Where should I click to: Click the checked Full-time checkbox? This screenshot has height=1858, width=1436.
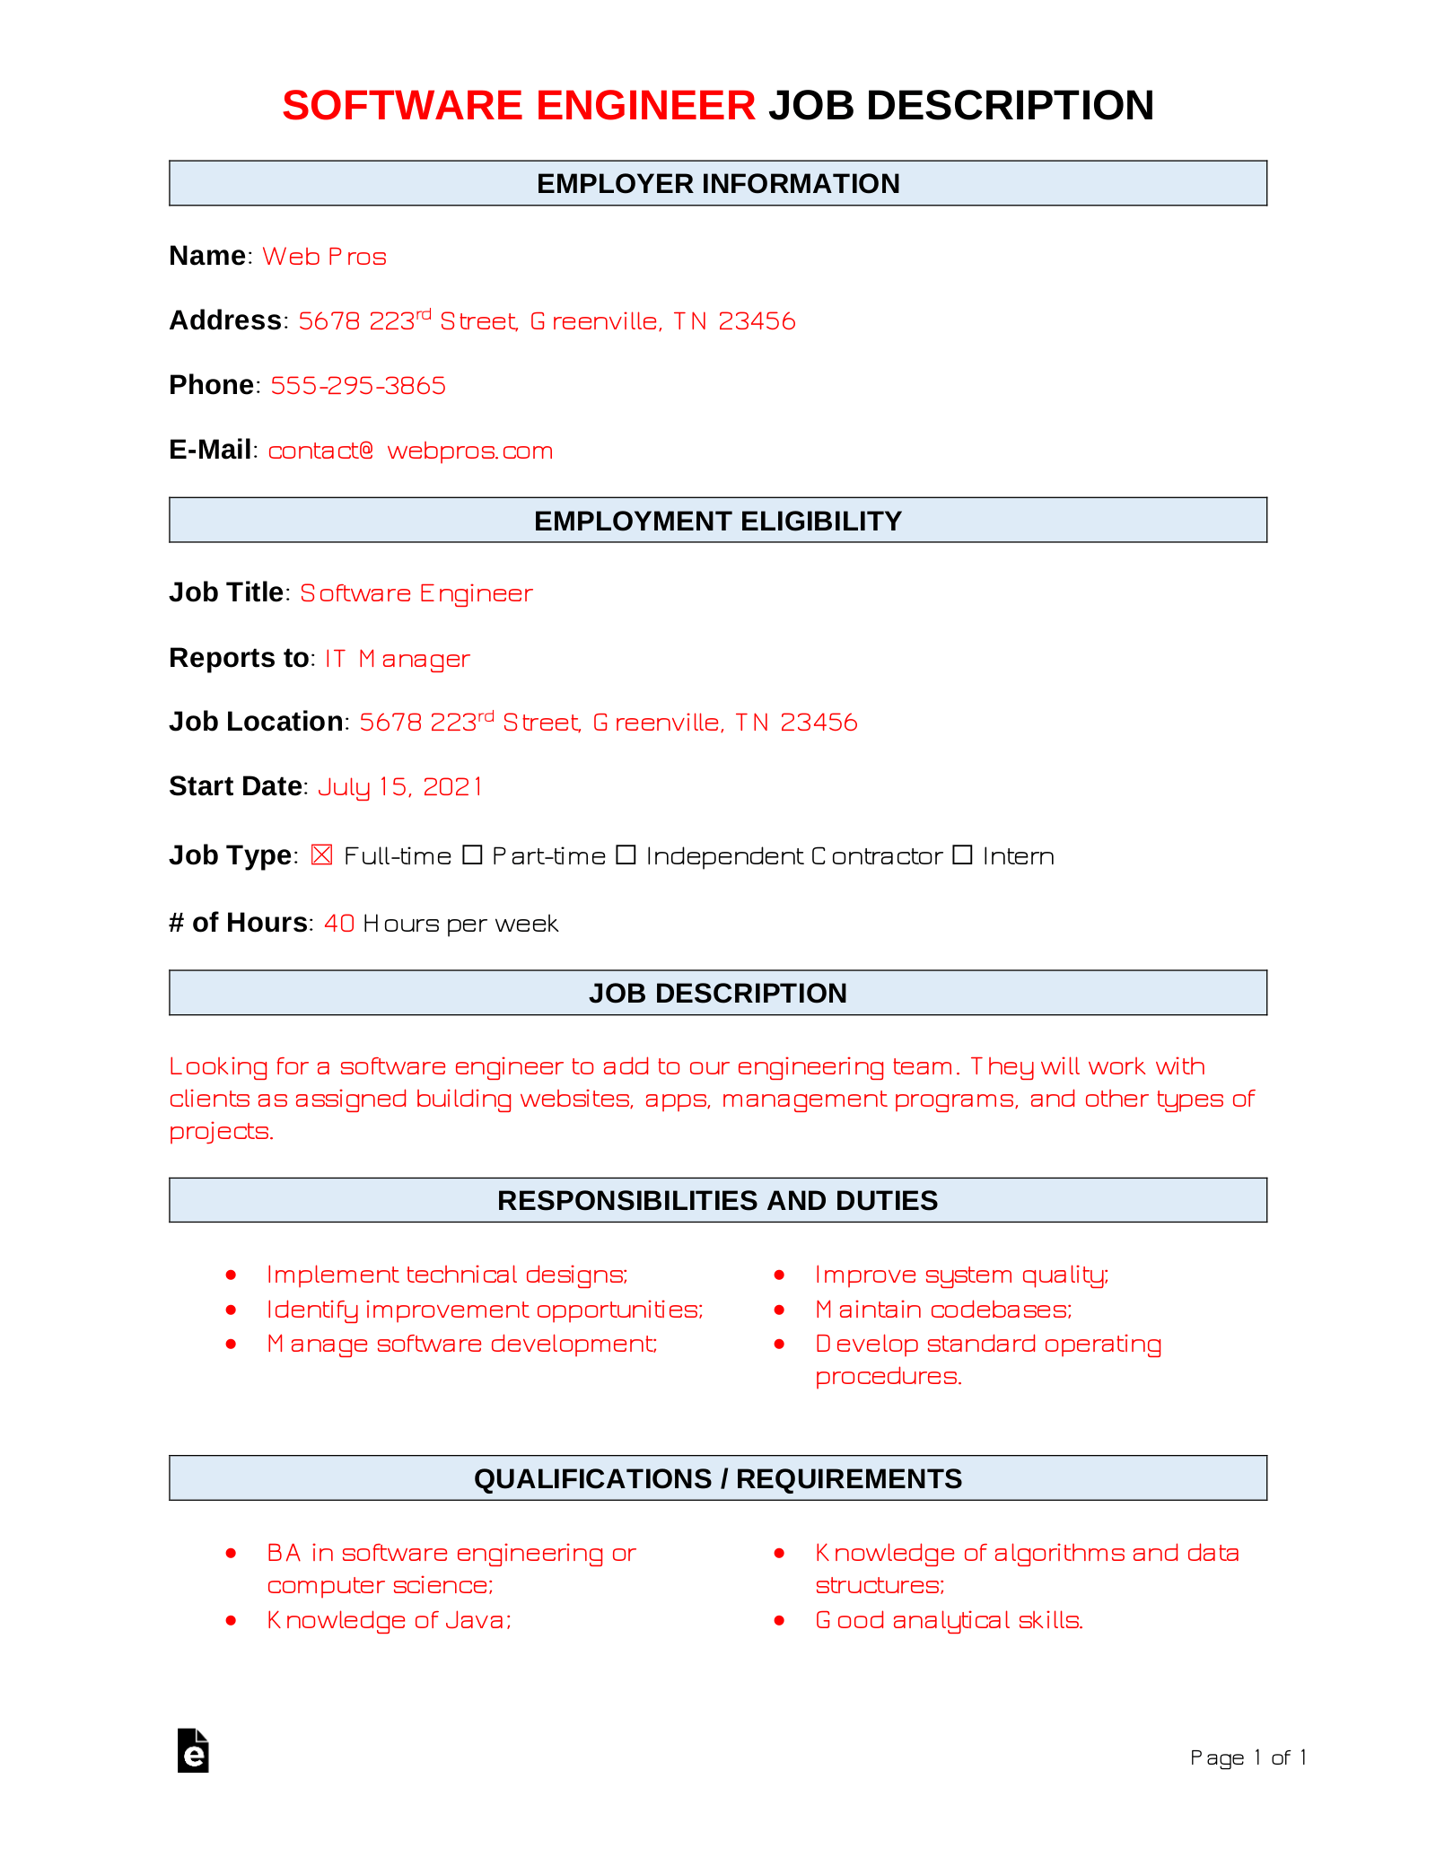point(321,855)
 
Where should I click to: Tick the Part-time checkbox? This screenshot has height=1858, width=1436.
point(472,855)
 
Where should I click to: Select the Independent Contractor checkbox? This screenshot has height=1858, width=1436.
point(626,855)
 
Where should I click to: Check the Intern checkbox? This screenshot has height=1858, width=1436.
point(962,855)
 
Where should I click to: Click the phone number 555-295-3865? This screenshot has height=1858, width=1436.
point(358,386)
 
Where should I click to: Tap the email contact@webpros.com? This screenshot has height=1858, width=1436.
point(410,451)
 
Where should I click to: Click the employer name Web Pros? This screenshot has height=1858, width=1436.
point(324,257)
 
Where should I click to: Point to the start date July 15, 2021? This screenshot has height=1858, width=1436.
point(400,787)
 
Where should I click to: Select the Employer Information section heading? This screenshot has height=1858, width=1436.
point(718,184)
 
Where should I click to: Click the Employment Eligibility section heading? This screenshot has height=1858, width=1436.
point(718,521)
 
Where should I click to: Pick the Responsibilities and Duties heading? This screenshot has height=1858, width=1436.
point(718,1200)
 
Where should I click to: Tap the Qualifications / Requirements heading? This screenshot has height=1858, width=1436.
point(718,1478)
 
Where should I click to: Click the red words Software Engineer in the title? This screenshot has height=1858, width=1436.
point(519,106)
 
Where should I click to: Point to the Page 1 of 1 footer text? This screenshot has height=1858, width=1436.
point(1248,1757)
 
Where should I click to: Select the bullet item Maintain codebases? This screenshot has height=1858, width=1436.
point(943,1310)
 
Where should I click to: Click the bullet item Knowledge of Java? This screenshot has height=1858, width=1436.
point(389,1620)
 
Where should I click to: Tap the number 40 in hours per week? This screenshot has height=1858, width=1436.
point(339,924)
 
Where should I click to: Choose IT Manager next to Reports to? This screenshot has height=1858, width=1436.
point(397,659)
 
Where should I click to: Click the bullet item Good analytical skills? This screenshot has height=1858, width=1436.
point(949,1620)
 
